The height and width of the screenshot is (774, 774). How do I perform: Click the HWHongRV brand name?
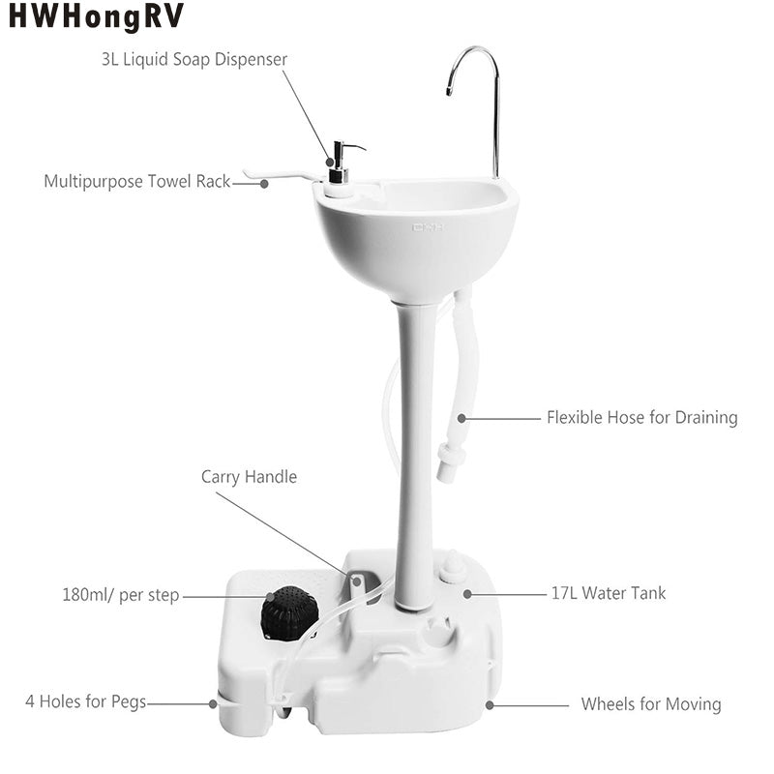point(96,16)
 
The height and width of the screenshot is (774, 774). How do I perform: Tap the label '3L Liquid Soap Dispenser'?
point(194,59)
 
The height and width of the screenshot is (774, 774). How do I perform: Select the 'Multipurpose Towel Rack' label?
point(137,181)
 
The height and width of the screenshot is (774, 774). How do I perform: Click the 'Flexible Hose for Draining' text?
point(642,418)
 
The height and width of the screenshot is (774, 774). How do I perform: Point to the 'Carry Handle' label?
point(250,476)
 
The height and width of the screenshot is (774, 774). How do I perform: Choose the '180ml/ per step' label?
point(121,595)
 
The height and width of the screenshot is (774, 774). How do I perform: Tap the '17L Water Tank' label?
point(609,593)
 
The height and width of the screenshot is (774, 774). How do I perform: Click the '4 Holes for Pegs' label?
point(86,701)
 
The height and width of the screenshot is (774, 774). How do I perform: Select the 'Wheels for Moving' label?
point(651,704)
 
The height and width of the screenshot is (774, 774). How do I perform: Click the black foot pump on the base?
point(289,613)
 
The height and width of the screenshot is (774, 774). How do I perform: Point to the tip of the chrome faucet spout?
point(449,92)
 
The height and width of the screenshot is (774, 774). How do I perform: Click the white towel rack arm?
point(279,175)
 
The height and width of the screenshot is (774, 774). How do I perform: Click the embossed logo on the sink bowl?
point(428,227)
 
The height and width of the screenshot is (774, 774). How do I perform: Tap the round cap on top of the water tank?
point(453,566)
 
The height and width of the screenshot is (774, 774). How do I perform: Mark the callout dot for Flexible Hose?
point(461,418)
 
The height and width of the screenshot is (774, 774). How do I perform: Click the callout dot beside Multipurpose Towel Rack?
point(264,184)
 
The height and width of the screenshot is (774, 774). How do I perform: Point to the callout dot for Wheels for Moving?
point(490,705)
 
